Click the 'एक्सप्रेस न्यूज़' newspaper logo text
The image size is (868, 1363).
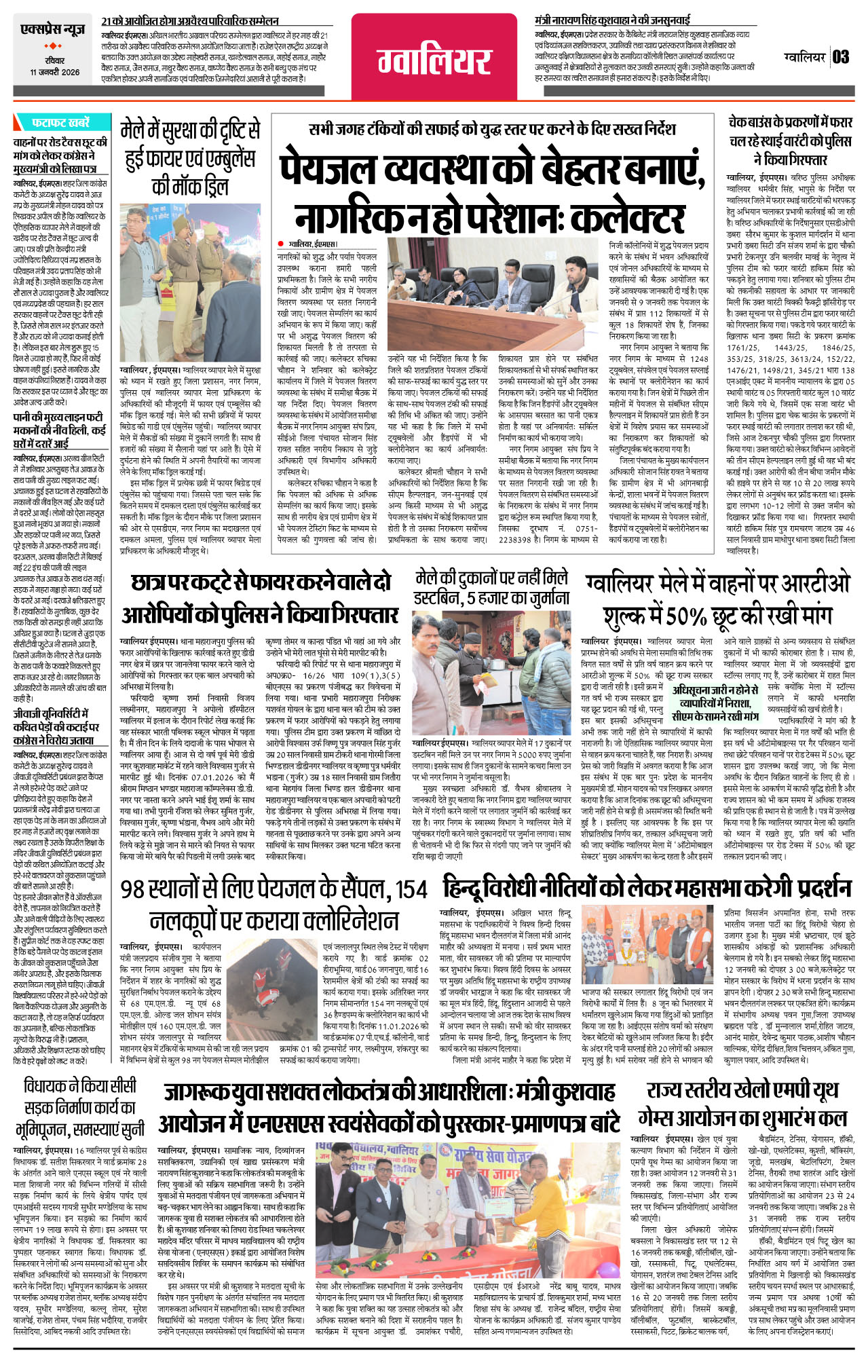coord(52,30)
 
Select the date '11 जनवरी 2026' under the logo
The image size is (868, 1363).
coord(54,73)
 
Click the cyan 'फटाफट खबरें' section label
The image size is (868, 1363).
coord(60,123)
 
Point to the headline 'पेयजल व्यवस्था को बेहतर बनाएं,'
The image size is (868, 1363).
coord(493,170)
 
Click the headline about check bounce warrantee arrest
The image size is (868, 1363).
coord(790,141)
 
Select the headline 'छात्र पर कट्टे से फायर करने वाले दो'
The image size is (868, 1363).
coord(261,583)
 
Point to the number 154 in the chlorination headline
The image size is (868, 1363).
coord(411,889)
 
